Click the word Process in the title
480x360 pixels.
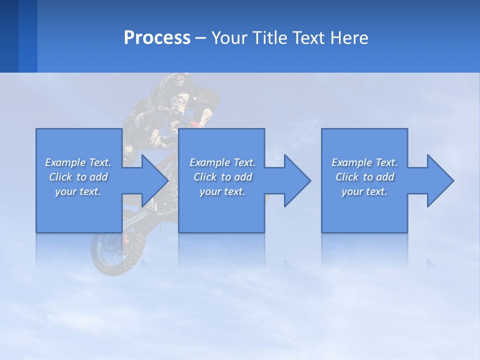[157, 38]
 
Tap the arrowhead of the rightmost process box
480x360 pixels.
[439, 180]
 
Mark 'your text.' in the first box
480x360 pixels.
[78, 191]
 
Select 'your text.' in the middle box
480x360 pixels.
[222, 191]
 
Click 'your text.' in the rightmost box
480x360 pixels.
[364, 191]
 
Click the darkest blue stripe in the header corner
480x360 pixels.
[9, 36]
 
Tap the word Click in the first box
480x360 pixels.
[60, 177]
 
